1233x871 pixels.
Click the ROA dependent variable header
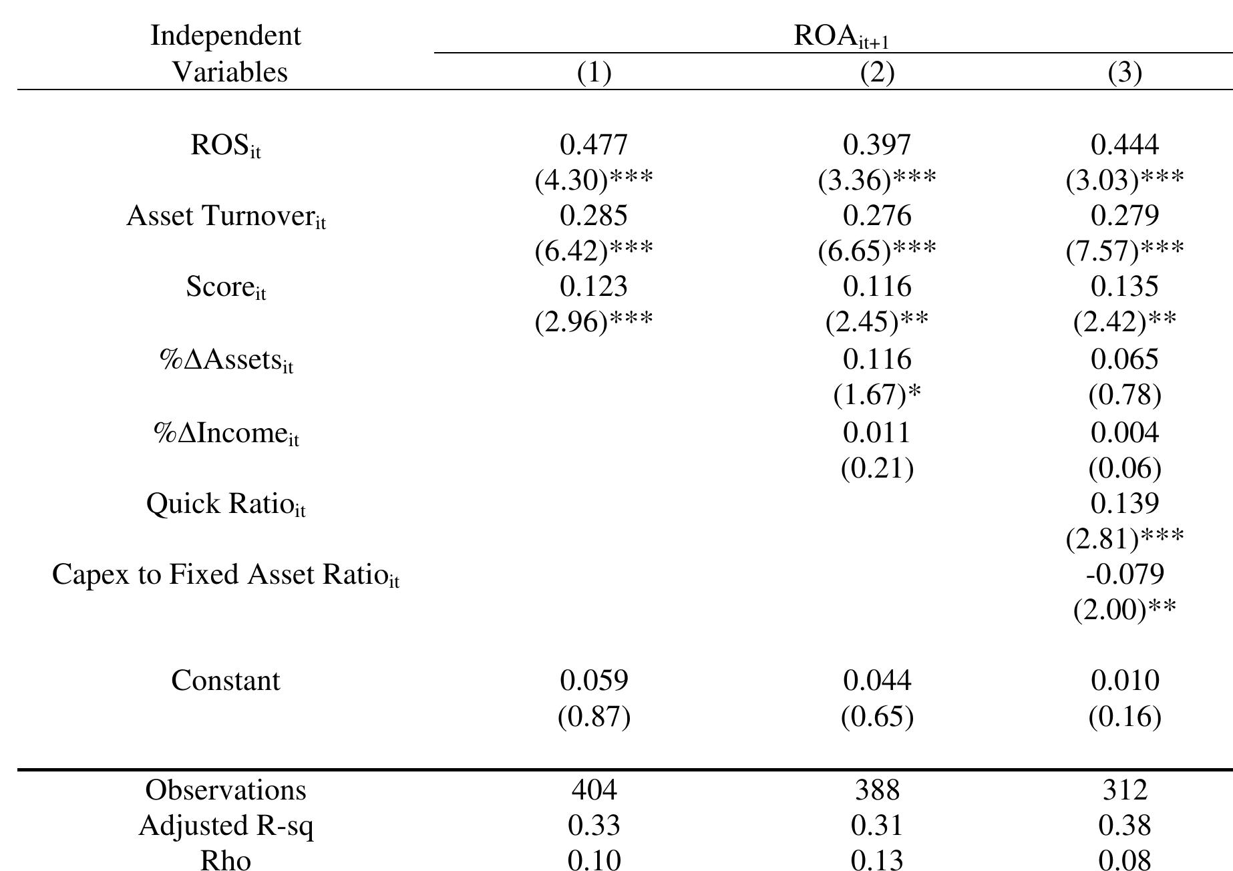pyautogui.click(x=840, y=36)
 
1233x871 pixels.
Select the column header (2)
pyautogui.click(x=876, y=72)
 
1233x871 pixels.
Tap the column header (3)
pyautogui.click(x=1125, y=72)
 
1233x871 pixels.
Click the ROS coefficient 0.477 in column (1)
pyautogui.click(x=594, y=144)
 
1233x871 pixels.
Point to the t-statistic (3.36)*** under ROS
pyautogui.click(x=876, y=180)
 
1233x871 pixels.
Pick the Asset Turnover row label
pyautogui.click(x=226, y=216)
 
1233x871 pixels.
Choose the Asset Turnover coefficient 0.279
pyautogui.click(x=1125, y=215)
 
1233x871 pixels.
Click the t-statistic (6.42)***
pyautogui.click(x=594, y=250)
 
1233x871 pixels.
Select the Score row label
pyautogui.click(x=226, y=287)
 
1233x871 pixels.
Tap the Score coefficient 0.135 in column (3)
pyautogui.click(x=1125, y=286)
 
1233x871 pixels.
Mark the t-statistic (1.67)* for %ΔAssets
pyautogui.click(x=876, y=395)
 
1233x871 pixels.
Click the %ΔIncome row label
pyautogui.click(x=226, y=433)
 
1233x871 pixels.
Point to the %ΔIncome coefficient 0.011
pyautogui.click(x=876, y=433)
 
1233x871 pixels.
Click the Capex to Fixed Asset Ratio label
pyautogui.click(x=226, y=574)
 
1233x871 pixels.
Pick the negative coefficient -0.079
pyautogui.click(x=1125, y=574)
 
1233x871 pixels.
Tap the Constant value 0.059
pyautogui.click(x=594, y=681)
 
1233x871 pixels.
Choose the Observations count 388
pyautogui.click(x=876, y=790)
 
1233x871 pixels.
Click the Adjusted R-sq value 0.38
pyautogui.click(x=1125, y=826)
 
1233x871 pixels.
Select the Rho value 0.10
pyautogui.click(x=594, y=860)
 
